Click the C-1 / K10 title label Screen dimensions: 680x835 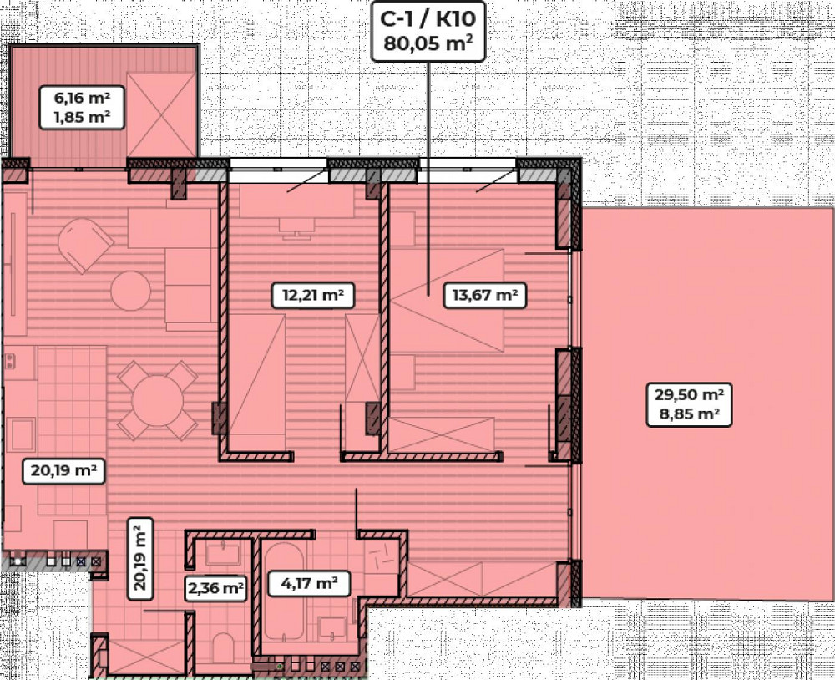(428, 17)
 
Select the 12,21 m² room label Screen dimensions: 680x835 (309, 294)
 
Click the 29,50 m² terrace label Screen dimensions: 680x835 (689, 394)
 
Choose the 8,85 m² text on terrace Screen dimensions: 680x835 (689, 414)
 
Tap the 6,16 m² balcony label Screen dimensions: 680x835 (83, 98)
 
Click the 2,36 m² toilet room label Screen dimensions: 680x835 (215, 587)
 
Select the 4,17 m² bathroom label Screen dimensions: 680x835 (302, 582)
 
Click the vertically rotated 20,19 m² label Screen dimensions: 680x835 (141, 556)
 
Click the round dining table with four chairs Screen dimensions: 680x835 (157, 400)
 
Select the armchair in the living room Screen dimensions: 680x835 (84, 243)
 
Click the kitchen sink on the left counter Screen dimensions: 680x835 (21, 434)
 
